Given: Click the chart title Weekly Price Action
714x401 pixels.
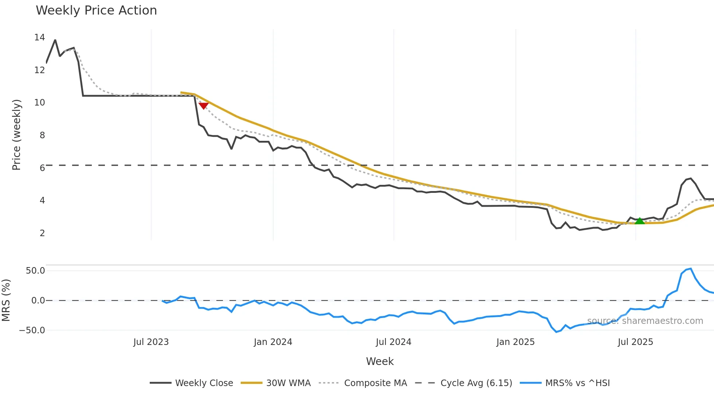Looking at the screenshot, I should [x=96, y=11].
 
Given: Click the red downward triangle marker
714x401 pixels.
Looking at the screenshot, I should [x=204, y=106].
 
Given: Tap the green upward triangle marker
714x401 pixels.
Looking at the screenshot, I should [x=640, y=221].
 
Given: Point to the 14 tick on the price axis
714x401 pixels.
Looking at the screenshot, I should [x=39, y=37].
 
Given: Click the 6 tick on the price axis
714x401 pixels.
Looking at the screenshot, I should [x=42, y=168].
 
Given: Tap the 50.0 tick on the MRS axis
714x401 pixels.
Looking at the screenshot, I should [x=35, y=271].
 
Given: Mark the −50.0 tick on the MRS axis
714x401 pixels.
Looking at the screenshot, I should [x=32, y=330].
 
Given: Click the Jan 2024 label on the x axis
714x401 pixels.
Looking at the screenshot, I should [x=273, y=342].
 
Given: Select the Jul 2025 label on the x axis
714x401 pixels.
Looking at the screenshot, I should [x=635, y=342].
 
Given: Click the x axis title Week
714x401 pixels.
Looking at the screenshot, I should [x=380, y=361].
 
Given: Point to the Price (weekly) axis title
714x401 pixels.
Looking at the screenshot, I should [x=16, y=135].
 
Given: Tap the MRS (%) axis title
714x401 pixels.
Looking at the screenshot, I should [x=6, y=300].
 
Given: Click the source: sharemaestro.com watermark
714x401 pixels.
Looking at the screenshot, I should [x=645, y=321].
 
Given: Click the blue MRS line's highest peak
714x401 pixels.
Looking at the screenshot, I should [x=690, y=269].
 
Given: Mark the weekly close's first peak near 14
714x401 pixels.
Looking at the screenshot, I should [x=55, y=40].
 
